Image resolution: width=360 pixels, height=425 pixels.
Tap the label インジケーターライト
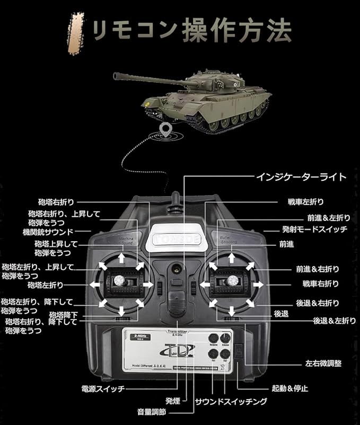(x=302, y=176)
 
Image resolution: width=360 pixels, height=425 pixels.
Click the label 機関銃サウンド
(x=48, y=232)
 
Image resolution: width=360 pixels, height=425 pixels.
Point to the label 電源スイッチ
(x=103, y=388)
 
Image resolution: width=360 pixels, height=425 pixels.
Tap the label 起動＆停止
(x=289, y=388)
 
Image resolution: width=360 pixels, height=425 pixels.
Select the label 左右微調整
(x=323, y=364)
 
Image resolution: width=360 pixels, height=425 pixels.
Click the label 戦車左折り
(x=305, y=202)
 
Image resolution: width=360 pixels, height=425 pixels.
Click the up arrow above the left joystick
(x=121, y=258)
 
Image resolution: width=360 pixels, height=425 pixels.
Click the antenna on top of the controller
(x=173, y=204)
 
